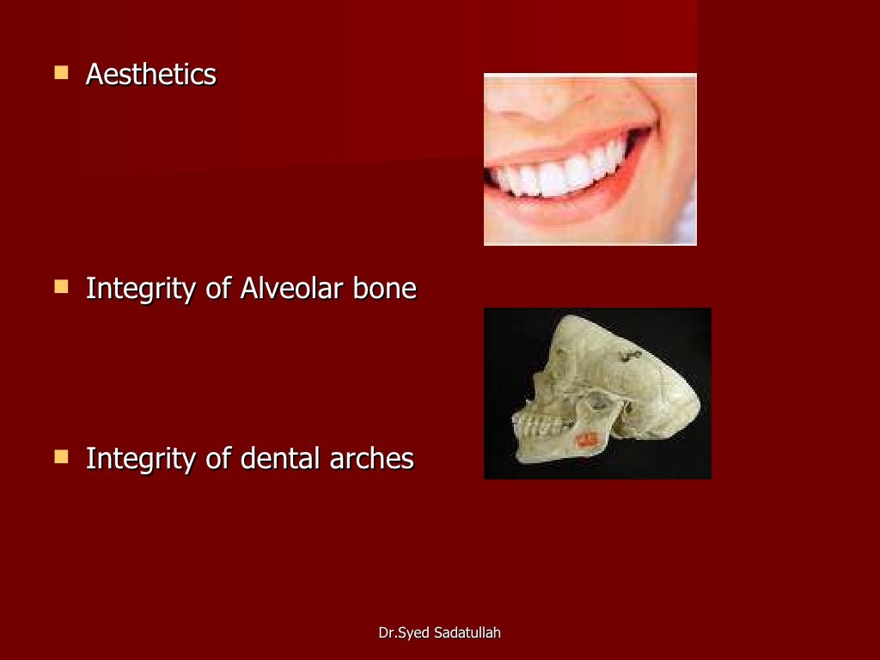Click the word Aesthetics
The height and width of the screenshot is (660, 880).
pyautogui.click(x=150, y=75)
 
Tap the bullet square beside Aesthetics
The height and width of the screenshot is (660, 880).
pyautogui.click(x=61, y=74)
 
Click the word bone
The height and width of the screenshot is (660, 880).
pyautogui.click(x=384, y=289)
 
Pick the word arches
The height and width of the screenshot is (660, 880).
pyautogui.click(x=371, y=459)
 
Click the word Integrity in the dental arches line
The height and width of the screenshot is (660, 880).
pyautogui.click(x=141, y=459)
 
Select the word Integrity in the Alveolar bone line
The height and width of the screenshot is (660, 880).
pyautogui.click(x=141, y=289)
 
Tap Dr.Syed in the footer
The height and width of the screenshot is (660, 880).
pyautogui.click(x=406, y=633)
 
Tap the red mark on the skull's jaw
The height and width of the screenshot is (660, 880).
pyautogui.click(x=586, y=438)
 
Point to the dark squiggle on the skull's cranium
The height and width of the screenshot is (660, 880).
pyautogui.click(x=630, y=353)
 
